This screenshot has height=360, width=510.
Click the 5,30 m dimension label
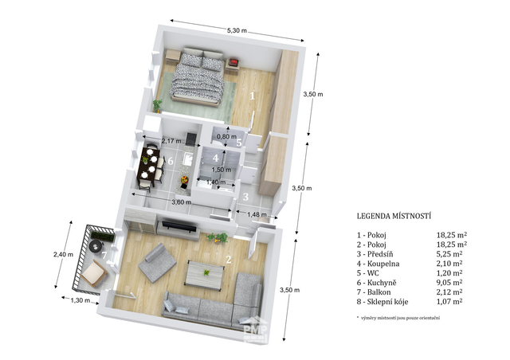click(x=237, y=31)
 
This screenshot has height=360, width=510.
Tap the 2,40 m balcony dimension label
click(x=63, y=255)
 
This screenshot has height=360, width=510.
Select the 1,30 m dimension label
click(x=80, y=300)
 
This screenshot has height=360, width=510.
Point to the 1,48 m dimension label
click(x=257, y=214)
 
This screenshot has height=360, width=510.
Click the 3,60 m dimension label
click(x=182, y=202)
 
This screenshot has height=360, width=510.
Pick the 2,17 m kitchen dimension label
click(x=171, y=141)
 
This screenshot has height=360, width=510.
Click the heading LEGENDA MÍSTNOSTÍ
click(x=394, y=216)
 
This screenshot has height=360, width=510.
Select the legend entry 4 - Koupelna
click(x=378, y=264)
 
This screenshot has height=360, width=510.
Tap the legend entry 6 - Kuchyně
click(x=377, y=283)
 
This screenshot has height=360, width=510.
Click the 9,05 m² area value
click(x=449, y=282)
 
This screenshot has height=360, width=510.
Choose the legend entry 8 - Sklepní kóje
click(x=382, y=302)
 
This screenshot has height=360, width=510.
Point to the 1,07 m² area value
click(x=449, y=301)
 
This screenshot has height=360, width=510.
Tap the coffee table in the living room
click(x=205, y=274)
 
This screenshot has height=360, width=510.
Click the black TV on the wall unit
click(x=179, y=226)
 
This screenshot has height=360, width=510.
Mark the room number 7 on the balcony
click(x=104, y=256)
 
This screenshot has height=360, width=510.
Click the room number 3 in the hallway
click(x=245, y=197)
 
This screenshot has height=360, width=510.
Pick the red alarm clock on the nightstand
click(x=233, y=62)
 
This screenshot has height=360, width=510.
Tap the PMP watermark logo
click(x=256, y=330)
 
